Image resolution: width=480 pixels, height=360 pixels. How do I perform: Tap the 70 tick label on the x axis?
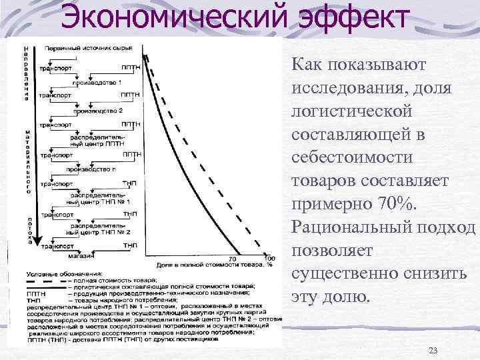coord(233,258)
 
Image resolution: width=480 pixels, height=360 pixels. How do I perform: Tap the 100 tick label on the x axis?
coord(270,258)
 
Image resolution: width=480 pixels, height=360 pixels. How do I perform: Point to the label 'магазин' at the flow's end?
coord(85,254)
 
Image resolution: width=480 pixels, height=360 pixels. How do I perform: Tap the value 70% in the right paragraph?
coord(395,203)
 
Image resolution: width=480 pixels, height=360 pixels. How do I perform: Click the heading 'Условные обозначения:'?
coord(64,273)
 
